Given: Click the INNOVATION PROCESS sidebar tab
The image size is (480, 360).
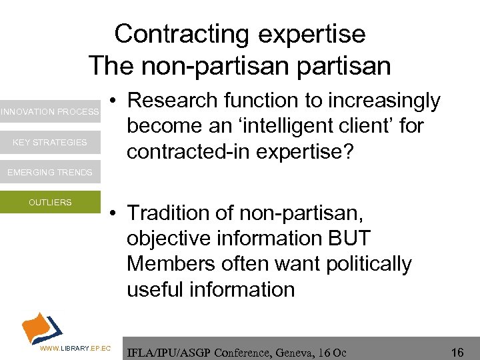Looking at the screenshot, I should (x=49, y=112).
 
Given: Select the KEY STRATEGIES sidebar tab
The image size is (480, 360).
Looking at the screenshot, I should (x=49, y=142).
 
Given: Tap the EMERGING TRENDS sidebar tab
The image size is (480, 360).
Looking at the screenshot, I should (x=49, y=172).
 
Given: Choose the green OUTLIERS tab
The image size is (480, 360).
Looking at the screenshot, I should (x=49, y=202).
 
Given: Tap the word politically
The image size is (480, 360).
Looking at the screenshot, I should (x=369, y=264).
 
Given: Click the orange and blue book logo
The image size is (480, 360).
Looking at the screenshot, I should (x=41, y=327).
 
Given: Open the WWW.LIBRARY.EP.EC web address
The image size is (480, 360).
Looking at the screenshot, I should (x=74, y=349).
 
